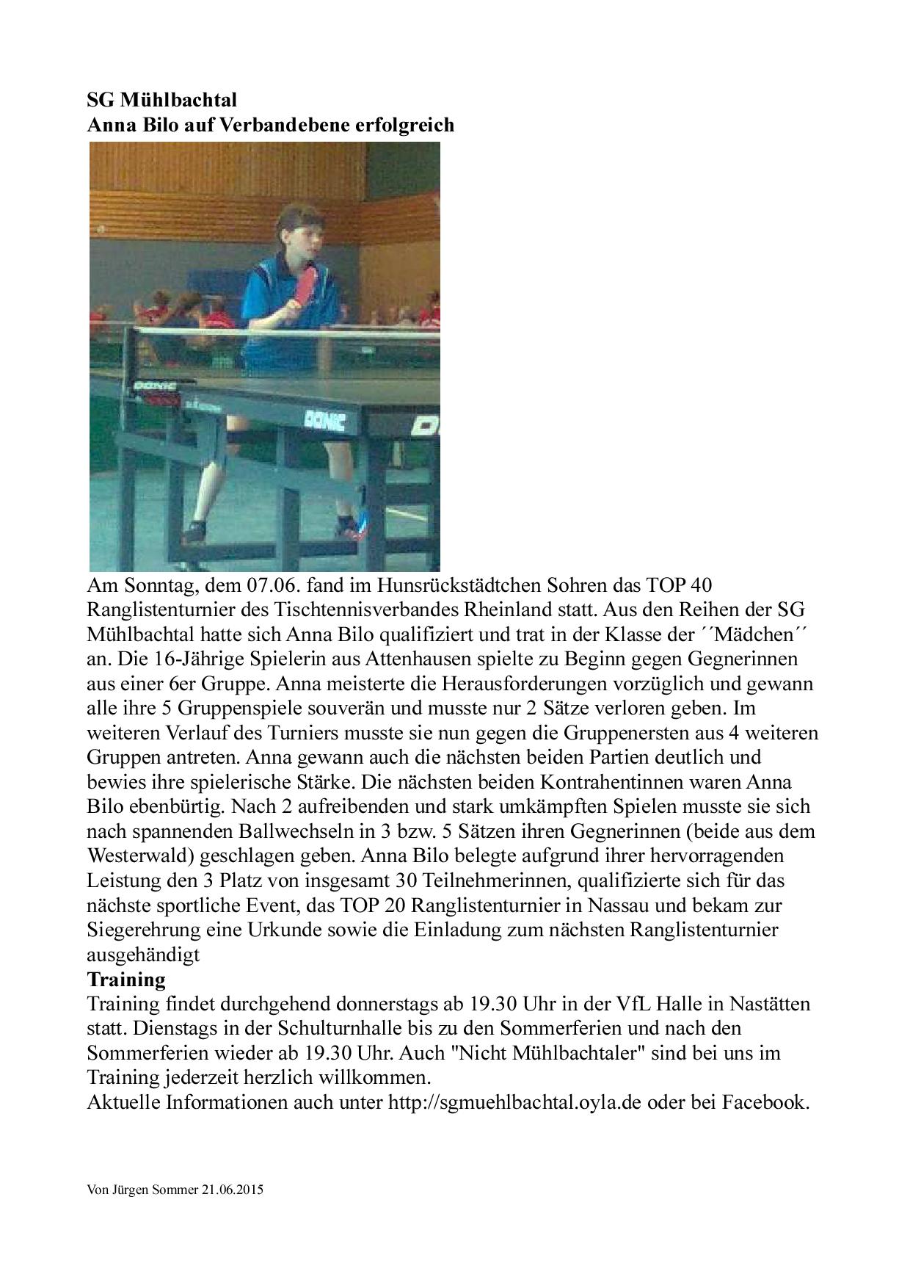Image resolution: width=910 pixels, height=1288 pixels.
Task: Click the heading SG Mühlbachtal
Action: tap(162, 100)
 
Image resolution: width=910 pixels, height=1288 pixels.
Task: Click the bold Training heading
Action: tap(126, 980)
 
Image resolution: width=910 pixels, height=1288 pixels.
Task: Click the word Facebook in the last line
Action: tap(765, 1102)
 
